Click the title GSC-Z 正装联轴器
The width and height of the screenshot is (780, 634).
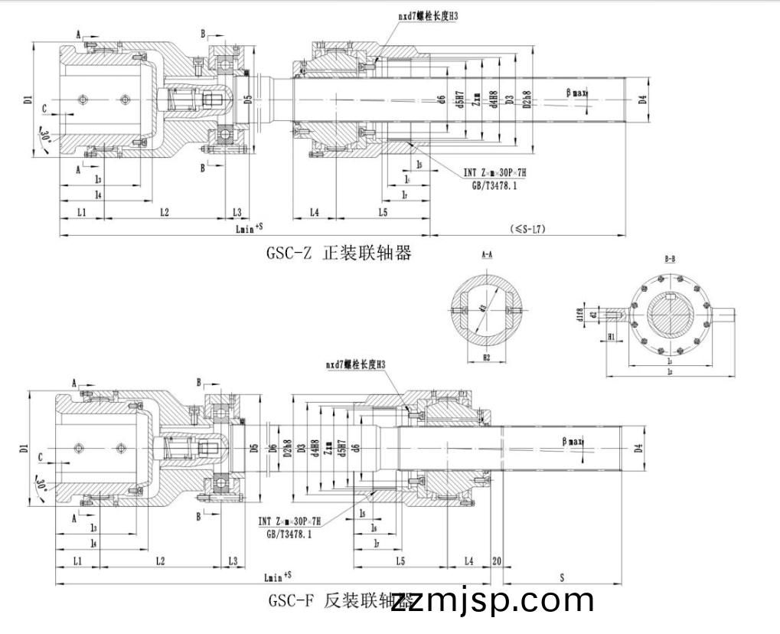pos(338,253)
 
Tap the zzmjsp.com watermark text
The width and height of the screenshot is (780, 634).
pos(492,600)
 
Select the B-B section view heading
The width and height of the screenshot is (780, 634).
pos(670,260)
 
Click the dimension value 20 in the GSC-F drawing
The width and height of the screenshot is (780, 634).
pos(497,561)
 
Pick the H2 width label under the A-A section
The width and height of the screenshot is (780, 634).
pos(486,357)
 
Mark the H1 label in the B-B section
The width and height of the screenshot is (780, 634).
pos(612,336)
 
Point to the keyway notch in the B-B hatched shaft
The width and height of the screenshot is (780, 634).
pos(671,296)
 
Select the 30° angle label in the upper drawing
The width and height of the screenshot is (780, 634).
pos(45,138)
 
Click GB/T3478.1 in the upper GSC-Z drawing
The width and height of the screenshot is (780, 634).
pos(494,185)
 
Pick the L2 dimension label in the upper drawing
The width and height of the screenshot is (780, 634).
pos(164,211)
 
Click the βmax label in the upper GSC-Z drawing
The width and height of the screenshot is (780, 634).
pos(576,93)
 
